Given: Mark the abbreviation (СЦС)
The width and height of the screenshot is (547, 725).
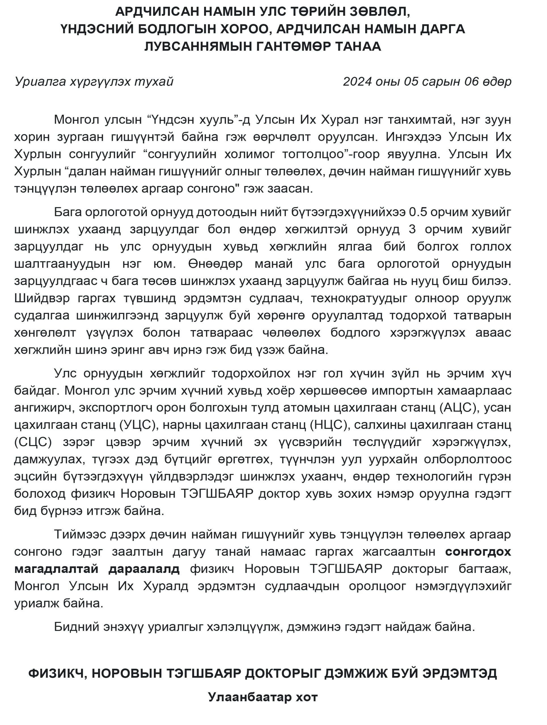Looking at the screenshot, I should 33,442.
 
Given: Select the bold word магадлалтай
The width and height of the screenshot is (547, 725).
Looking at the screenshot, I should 56,569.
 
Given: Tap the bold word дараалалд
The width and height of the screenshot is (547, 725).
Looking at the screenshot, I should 144,569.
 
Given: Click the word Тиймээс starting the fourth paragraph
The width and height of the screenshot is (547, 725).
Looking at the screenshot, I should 80,534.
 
